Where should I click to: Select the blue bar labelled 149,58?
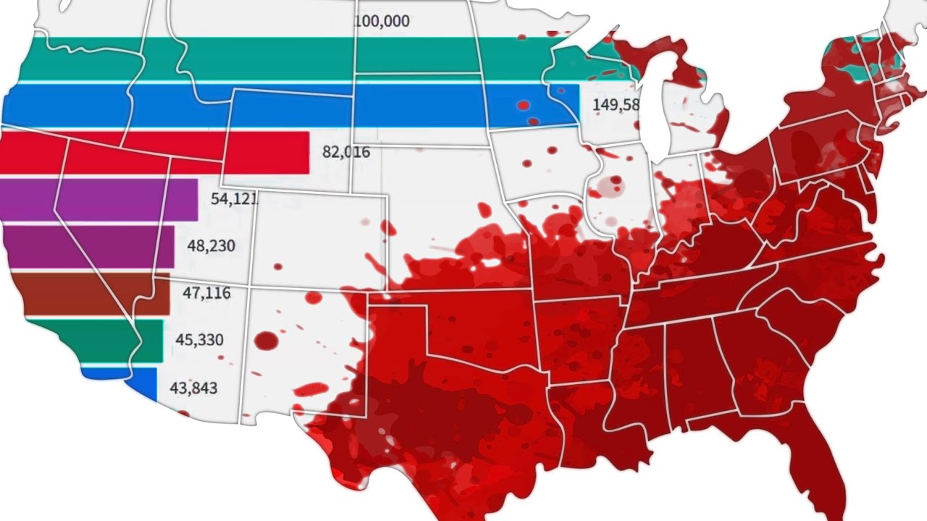[290, 105]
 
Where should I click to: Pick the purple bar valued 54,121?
[98, 198]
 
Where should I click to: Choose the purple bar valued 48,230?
[87, 246]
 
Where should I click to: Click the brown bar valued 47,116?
[91, 294]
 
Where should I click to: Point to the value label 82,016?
[345, 152]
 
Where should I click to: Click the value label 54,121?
[235, 198]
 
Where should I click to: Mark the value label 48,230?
[211, 246]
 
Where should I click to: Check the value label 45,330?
[199, 339]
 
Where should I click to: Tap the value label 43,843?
[194, 387]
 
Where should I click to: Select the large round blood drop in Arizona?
[267, 340]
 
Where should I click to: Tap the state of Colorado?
[319, 239]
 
